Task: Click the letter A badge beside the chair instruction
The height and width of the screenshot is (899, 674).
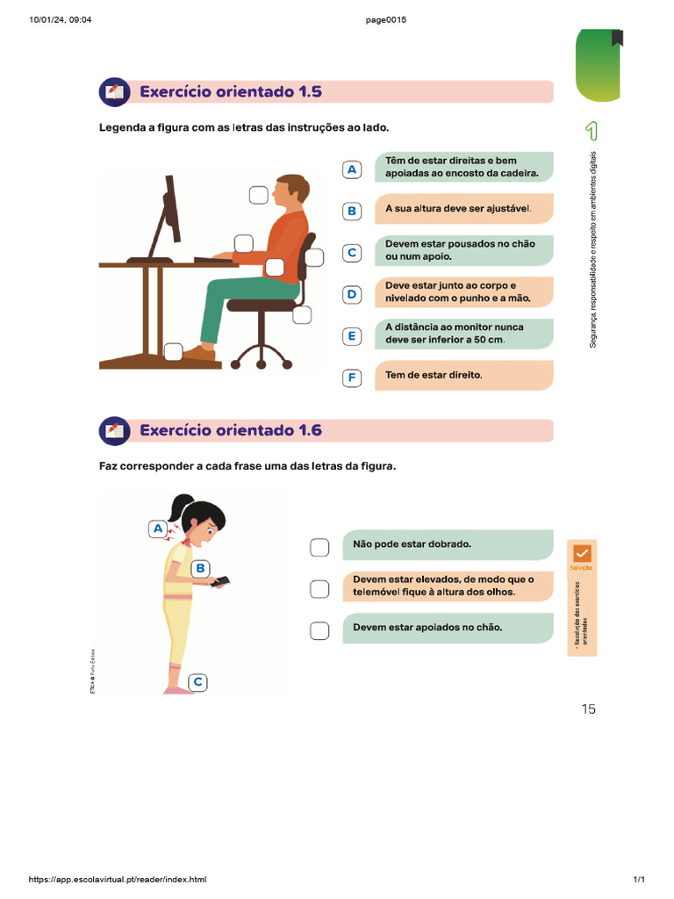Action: (352, 169)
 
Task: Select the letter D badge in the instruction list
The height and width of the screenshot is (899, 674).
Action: (352, 294)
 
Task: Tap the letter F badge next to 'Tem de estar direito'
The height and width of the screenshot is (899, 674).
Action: (352, 378)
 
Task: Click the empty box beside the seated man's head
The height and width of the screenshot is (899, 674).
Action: (258, 195)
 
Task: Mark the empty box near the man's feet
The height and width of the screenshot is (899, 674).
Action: (174, 351)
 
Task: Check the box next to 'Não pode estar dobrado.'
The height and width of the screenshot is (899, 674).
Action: (319, 548)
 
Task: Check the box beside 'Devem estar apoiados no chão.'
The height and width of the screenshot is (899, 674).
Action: (319, 630)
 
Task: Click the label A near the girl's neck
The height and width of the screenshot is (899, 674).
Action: (158, 529)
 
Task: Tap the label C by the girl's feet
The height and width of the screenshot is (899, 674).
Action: (198, 681)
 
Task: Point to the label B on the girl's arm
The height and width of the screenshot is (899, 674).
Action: (200, 568)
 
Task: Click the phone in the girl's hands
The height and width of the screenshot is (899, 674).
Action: (219, 581)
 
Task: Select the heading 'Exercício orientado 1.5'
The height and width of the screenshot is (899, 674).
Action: (231, 92)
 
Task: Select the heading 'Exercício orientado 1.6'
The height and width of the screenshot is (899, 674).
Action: (231, 431)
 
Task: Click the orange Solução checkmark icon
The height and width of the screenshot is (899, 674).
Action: (582, 553)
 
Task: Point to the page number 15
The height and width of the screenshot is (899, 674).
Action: (588, 709)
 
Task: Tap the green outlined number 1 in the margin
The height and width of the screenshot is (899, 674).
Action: (592, 132)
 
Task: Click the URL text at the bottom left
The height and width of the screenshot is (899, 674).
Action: (118, 880)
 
